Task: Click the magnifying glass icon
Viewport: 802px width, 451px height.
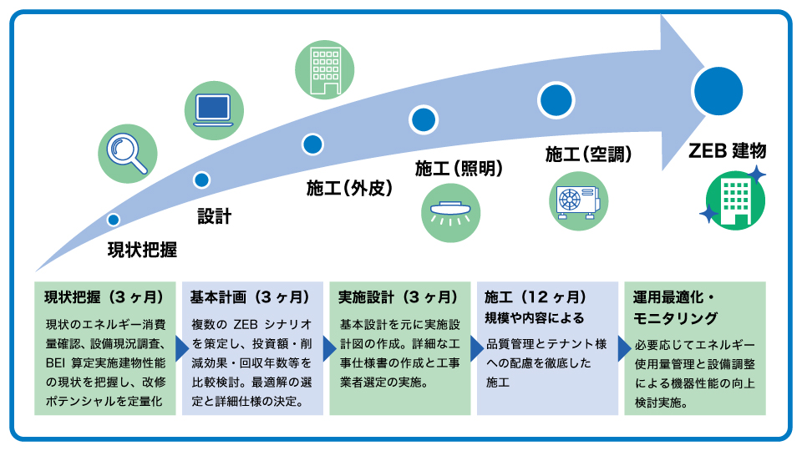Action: tap(127, 154)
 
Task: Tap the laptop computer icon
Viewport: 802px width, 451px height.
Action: tap(214, 110)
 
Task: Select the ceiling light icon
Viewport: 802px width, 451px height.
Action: tap(450, 213)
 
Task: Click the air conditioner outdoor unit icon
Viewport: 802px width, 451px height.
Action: tap(578, 201)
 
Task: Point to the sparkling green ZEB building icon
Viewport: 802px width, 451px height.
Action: tap(734, 200)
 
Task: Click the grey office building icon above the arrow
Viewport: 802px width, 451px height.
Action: tap(325, 69)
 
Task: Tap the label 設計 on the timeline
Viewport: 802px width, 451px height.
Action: tap(215, 216)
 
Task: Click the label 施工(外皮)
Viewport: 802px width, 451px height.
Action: tap(349, 188)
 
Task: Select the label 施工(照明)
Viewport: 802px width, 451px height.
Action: tap(459, 168)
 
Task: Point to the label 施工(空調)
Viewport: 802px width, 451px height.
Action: tap(588, 154)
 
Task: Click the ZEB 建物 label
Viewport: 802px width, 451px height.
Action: tap(728, 151)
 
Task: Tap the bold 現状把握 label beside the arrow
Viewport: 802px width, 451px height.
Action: tap(142, 250)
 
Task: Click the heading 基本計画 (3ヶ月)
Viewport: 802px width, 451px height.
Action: tap(250, 297)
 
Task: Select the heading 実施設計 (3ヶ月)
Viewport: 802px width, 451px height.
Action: tap(398, 297)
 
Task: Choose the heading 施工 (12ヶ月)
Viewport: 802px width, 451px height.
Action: tap(536, 297)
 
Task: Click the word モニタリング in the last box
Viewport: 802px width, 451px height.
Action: tap(675, 318)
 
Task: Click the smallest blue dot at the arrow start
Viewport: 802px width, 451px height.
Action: tap(114, 220)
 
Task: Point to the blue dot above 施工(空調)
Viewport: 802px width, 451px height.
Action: tap(556, 100)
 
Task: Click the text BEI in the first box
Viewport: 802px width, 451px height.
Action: tap(55, 363)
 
